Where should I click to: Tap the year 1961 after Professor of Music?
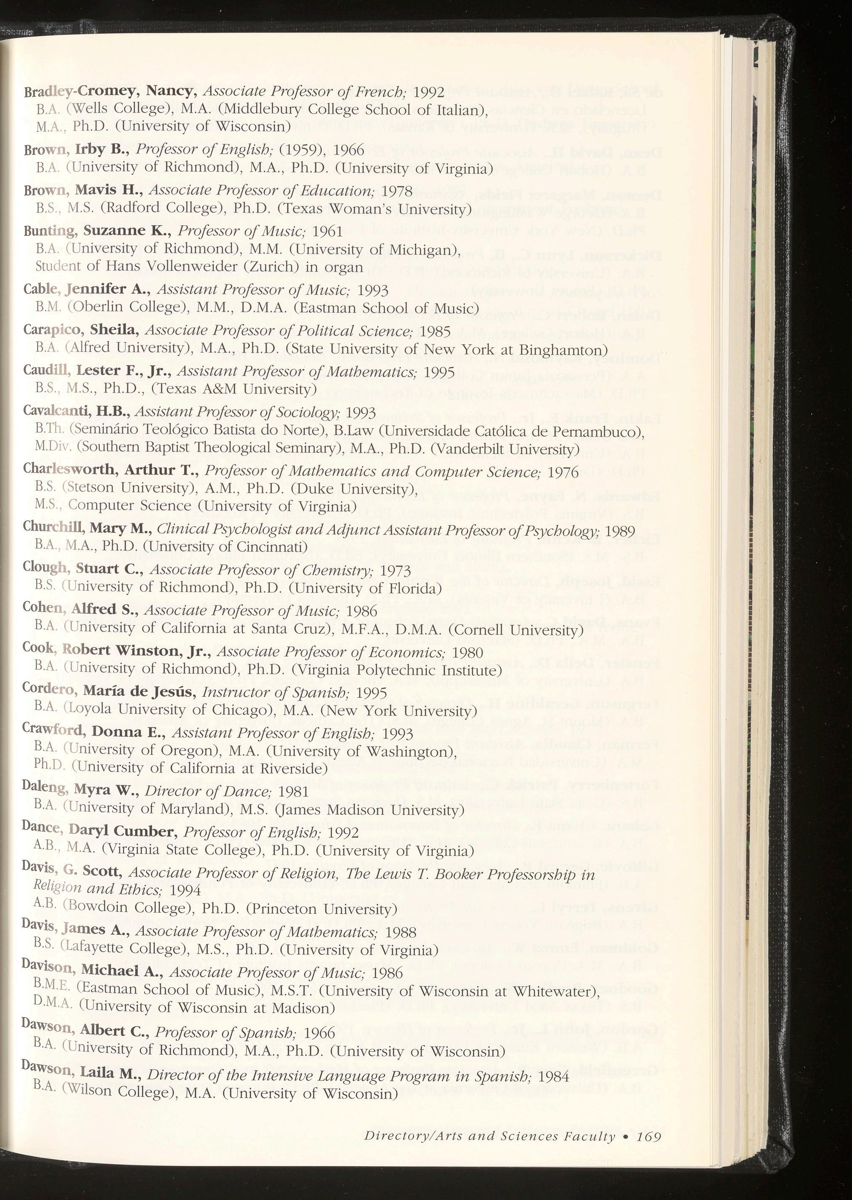click(x=327, y=231)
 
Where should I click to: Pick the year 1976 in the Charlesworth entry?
click(x=563, y=472)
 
